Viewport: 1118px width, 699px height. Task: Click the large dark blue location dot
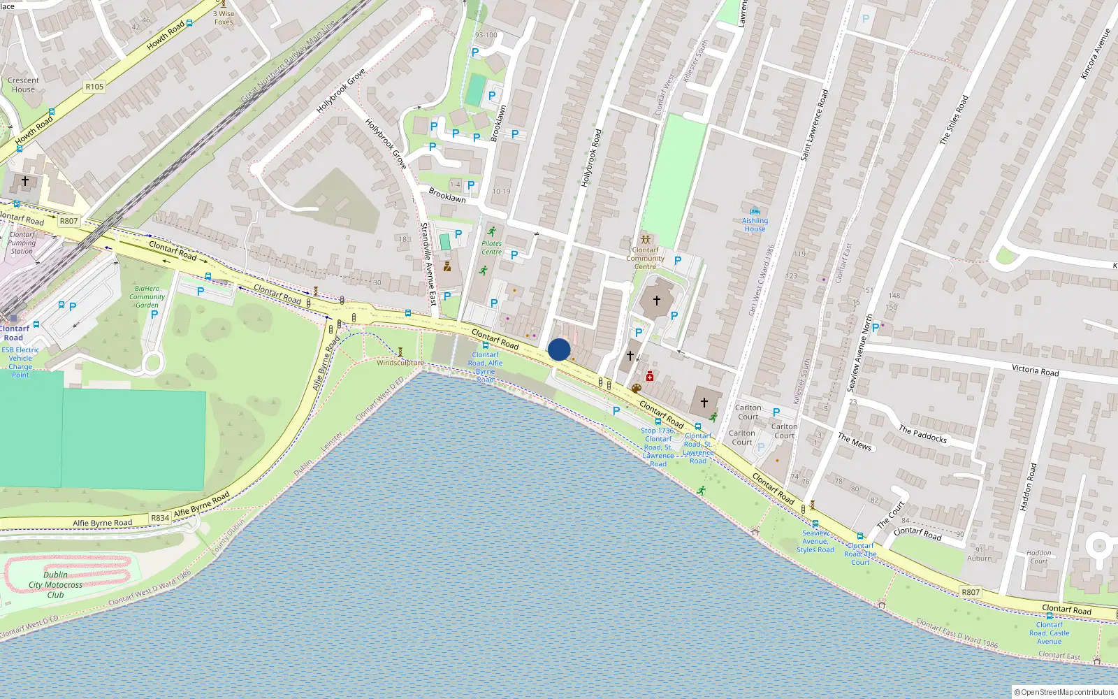click(559, 349)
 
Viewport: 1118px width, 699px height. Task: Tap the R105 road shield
click(94, 87)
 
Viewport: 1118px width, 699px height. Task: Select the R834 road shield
click(160, 518)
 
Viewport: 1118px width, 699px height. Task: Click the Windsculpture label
click(400, 363)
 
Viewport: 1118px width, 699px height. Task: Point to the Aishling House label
click(755, 224)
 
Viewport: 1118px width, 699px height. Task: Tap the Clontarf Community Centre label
click(645, 258)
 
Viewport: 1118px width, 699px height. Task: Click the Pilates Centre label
click(491, 247)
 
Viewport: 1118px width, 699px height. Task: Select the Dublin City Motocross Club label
click(55, 585)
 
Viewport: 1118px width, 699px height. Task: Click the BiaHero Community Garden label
click(147, 296)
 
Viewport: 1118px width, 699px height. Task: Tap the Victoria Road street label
click(1035, 370)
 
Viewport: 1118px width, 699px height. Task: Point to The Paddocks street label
click(922, 434)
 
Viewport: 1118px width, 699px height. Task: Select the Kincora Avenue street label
click(1095, 54)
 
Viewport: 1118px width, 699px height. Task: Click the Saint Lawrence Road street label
click(814, 125)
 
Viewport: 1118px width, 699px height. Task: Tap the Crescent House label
click(23, 85)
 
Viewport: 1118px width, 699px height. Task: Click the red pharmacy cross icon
click(650, 376)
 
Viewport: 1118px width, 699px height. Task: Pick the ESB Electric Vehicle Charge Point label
click(20, 362)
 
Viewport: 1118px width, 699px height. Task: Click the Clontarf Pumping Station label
click(22, 243)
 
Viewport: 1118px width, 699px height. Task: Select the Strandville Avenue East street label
click(428, 264)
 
